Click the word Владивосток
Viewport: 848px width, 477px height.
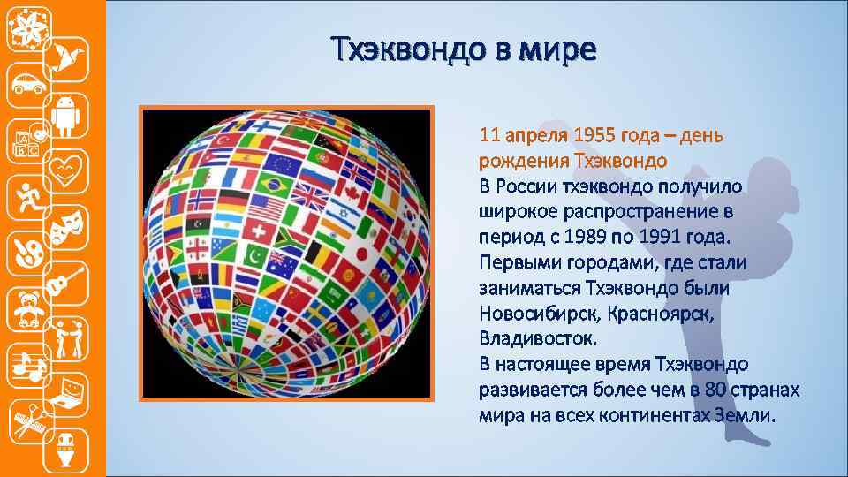pos(538,338)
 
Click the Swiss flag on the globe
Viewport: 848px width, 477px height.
pos(260,232)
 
